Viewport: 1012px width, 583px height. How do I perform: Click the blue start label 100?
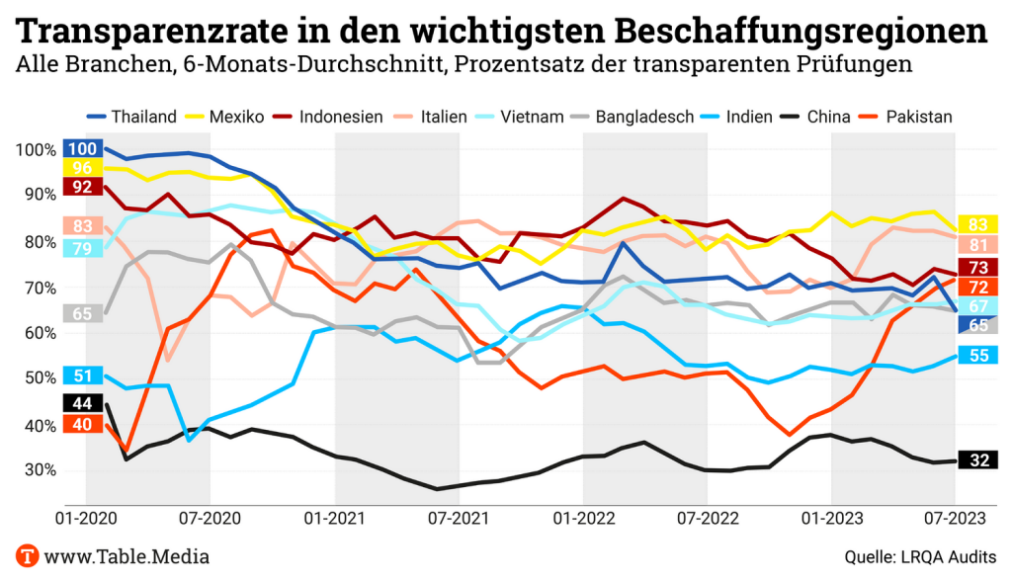click(x=84, y=149)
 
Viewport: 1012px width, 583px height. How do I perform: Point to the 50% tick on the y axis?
click(x=35, y=378)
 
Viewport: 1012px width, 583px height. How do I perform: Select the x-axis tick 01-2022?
click(x=582, y=516)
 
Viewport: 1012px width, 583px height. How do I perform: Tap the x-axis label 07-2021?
click(x=458, y=516)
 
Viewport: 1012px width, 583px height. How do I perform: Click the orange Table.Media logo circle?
click(x=27, y=556)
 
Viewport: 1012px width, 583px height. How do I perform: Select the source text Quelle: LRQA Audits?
click(x=920, y=557)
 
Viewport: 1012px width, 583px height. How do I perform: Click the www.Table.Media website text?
click(x=127, y=556)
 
